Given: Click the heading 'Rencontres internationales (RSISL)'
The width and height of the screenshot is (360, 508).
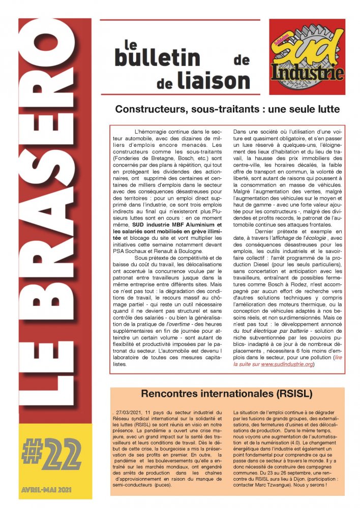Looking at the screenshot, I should pos(226,393).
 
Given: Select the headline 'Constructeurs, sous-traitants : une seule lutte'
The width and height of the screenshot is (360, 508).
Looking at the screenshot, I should pos(227,109).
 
